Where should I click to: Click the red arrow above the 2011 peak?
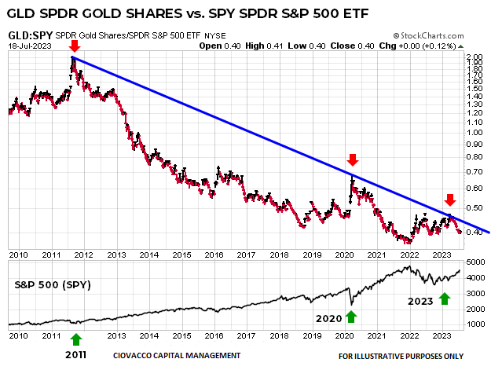pos(74,45)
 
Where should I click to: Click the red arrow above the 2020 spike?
pos(353,162)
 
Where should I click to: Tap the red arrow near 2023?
pos(449,200)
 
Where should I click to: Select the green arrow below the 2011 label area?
pos(76,339)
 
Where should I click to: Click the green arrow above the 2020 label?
pos(350,317)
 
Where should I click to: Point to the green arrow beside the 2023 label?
pos(445,299)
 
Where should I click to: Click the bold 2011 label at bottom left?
pos(76,355)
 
